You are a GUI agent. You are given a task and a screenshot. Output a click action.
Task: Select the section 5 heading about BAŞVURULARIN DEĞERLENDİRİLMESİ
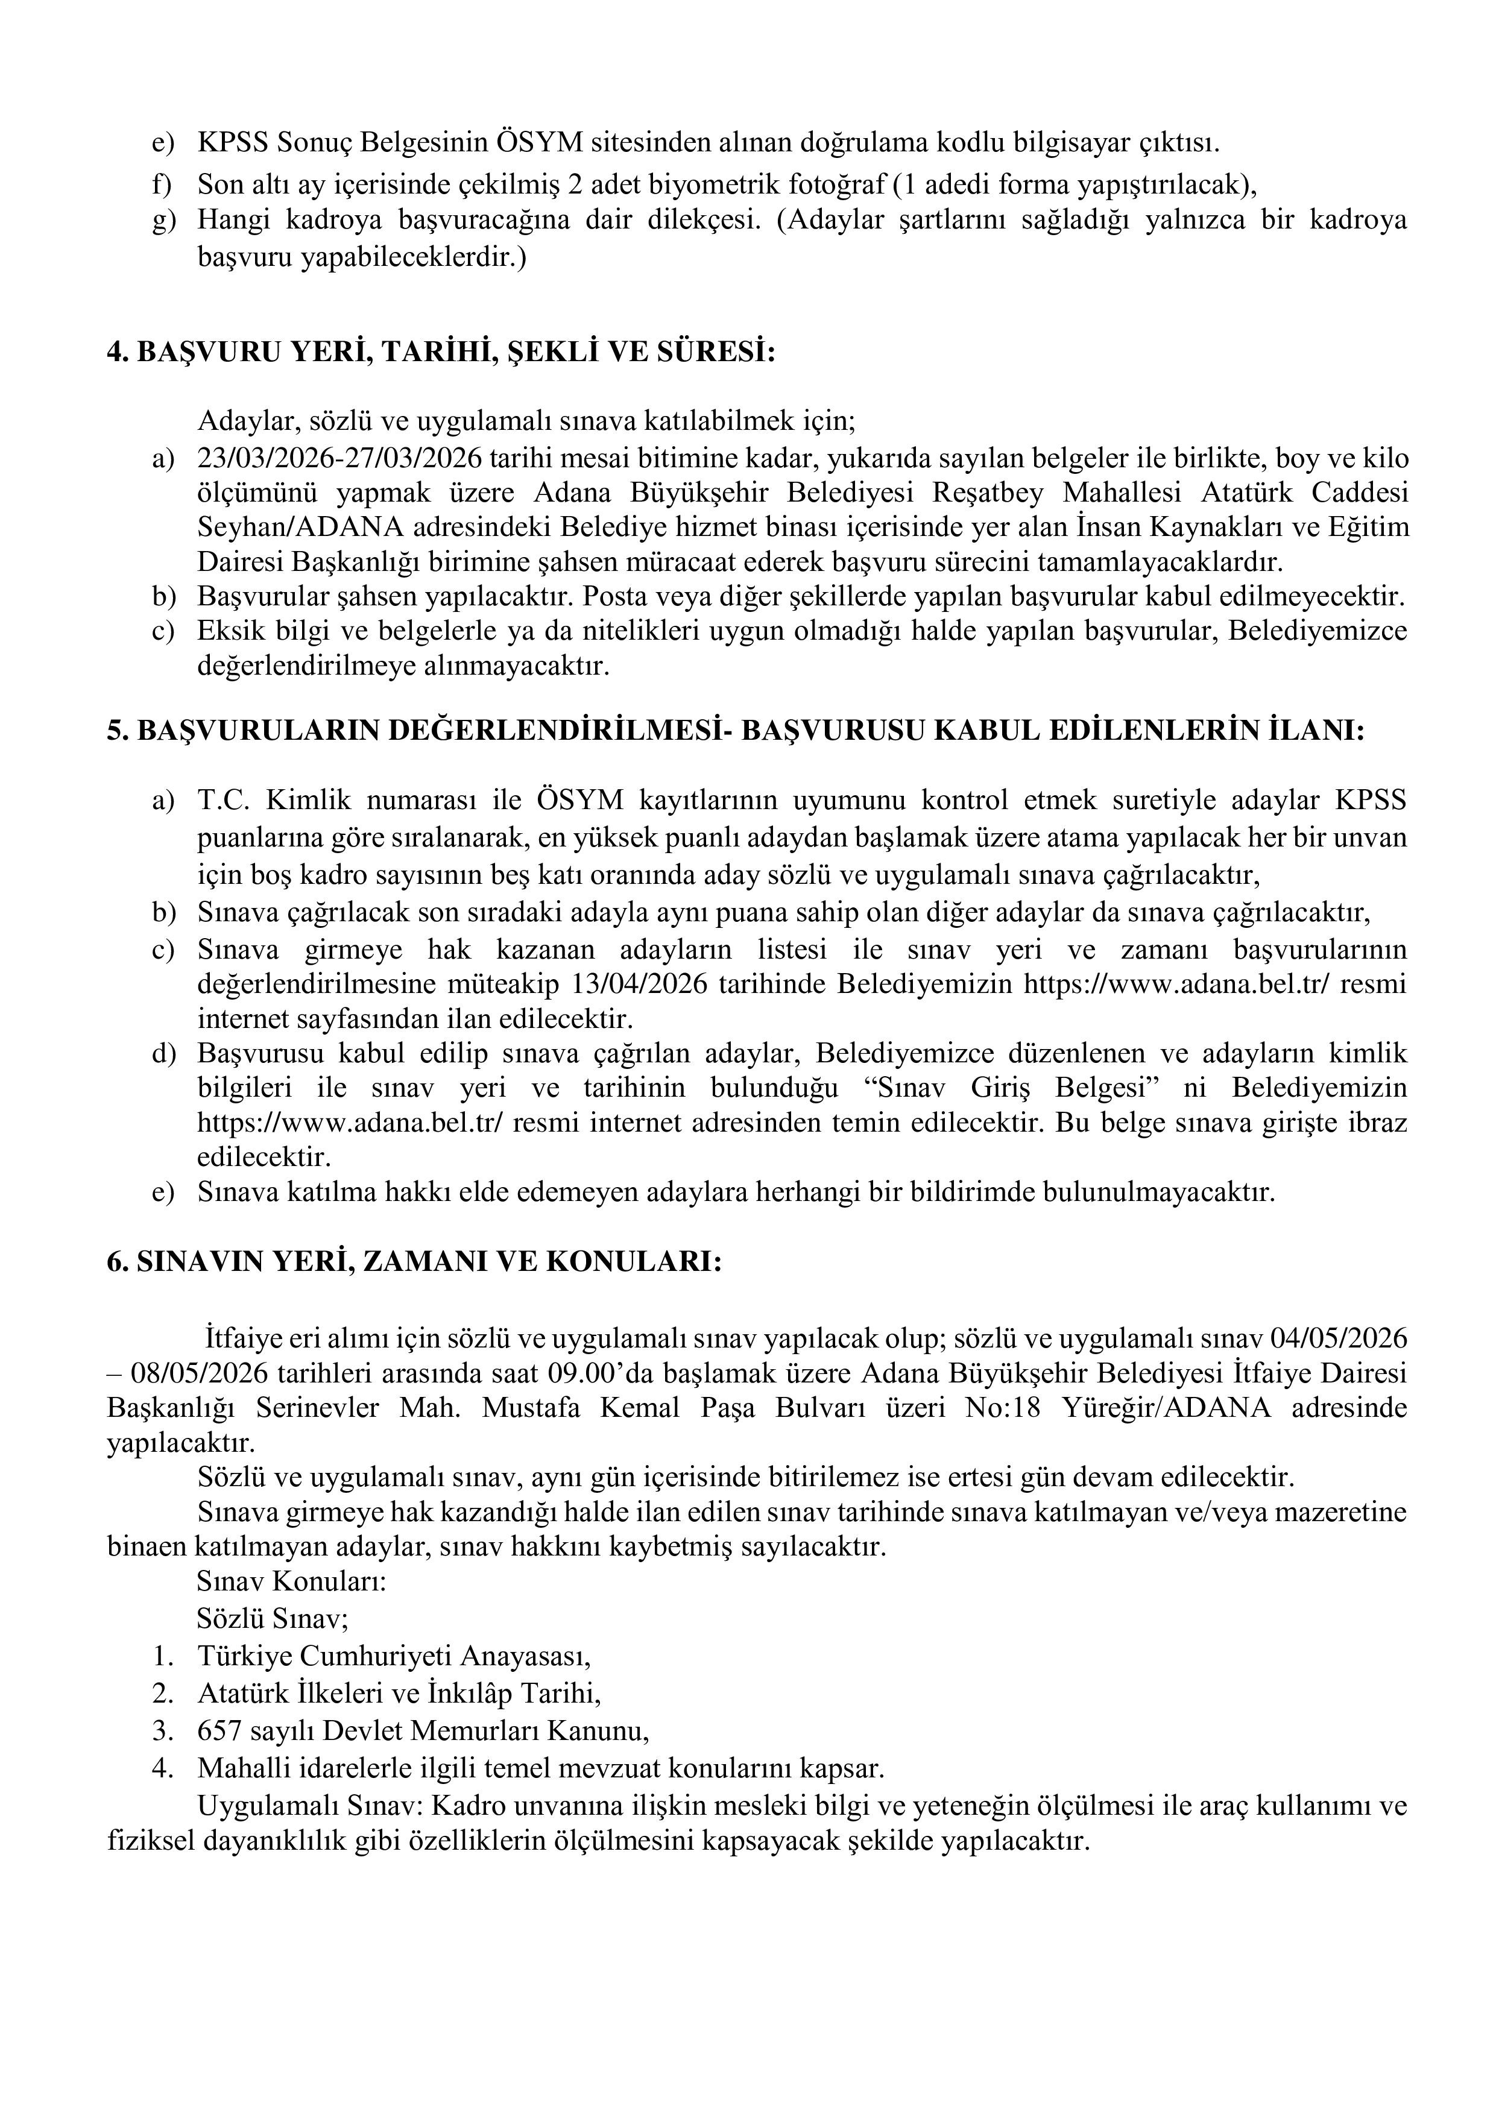(735, 731)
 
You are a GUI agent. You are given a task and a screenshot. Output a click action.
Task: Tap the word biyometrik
(696, 185)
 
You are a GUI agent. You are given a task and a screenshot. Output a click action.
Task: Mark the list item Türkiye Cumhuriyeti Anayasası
(393, 1656)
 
